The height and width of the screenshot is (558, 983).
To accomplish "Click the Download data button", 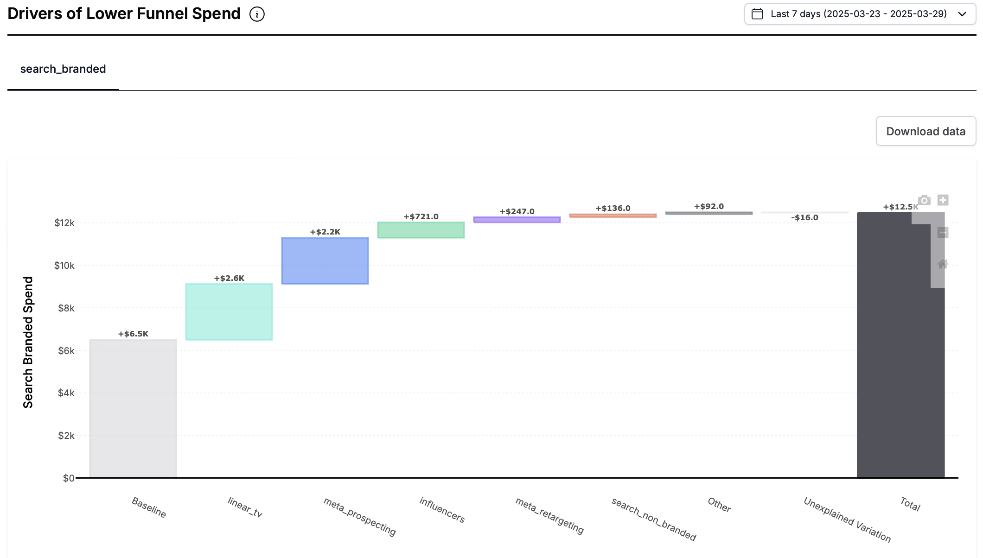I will pyautogui.click(x=926, y=131).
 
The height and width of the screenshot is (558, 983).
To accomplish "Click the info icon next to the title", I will pyautogui.click(x=257, y=14).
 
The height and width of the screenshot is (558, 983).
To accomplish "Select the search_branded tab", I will pyautogui.click(x=63, y=69).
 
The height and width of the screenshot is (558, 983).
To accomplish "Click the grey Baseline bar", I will pyautogui.click(x=133, y=408).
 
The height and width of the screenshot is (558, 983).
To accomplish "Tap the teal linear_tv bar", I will pyautogui.click(x=229, y=311).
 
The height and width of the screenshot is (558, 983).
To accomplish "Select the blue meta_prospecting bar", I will pyautogui.click(x=325, y=260).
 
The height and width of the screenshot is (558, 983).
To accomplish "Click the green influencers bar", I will pyautogui.click(x=421, y=230).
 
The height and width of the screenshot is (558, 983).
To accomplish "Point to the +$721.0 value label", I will pyautogui.click(x=421, y=216).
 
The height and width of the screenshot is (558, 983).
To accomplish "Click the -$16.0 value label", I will pyautogui.click(x=804, y=217).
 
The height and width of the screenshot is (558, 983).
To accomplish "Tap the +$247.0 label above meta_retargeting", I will pyautogui.click(x=517, y=211).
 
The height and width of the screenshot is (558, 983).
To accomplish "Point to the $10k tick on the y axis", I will pyautogui.click(x=64, y=266).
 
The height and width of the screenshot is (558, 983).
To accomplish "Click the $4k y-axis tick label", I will pyautogui.click(x=66, y=393).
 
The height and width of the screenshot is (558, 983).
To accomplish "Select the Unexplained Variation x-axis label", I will pyautogui.click(x=847, y=520).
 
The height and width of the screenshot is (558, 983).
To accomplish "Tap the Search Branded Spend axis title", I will pyautogui.click(x=28, y=342).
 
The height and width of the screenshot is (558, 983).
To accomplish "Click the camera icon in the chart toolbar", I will pyautogui.click(x=924, y=200).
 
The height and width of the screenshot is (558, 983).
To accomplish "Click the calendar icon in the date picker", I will pyautogui.click(x=757, y=14).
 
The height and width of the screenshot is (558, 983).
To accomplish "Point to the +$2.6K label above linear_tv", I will pyautogui.click(x=229, y=278).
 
